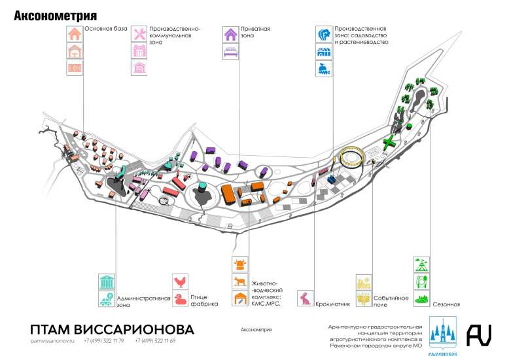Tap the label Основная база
coord(106,29)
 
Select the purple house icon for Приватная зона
coord(231,34)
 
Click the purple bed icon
coord(231,52)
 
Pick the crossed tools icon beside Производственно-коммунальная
coord(139,34)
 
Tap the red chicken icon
coord(181,282)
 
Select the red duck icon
coord(181,300)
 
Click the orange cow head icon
coord(240,265)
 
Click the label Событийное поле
coord(392,301)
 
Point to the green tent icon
coord(423,265)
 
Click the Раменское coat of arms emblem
coord(442,335)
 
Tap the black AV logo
coord(479,334)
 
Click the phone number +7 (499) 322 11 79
coord(104,341)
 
